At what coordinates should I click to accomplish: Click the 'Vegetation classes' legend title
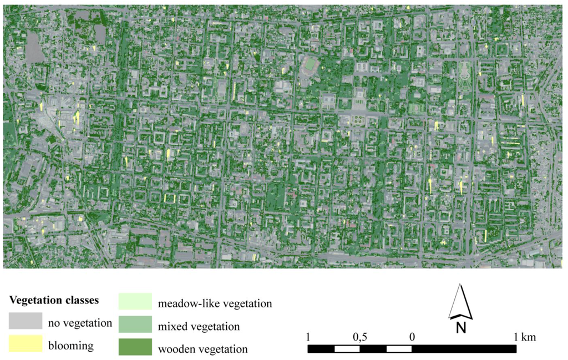coord(54,301)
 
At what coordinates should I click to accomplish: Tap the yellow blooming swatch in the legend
coord(25,344)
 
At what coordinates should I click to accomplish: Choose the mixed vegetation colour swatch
coord(135,324)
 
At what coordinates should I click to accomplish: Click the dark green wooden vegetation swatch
coord(135,347)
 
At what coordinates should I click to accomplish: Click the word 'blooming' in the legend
coord(72,346)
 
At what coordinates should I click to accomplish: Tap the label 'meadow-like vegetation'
coord(215,304)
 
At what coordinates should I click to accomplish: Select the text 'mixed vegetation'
coord(199,327)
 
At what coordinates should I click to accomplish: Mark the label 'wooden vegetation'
coord(202,349)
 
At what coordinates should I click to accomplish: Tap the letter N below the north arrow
coord(460,328)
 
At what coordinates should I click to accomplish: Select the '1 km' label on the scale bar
coord(524,337)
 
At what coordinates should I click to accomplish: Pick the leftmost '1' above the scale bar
coord(308,337)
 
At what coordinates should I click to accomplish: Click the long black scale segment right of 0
coord(464,349)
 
